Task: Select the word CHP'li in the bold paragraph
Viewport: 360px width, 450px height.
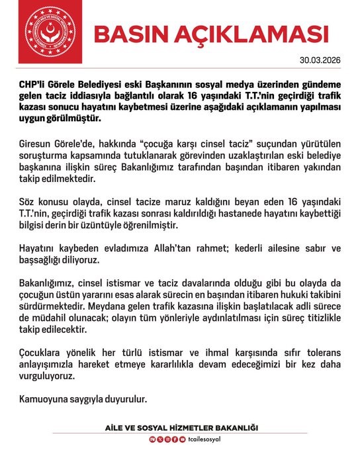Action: tap(34, 96)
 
